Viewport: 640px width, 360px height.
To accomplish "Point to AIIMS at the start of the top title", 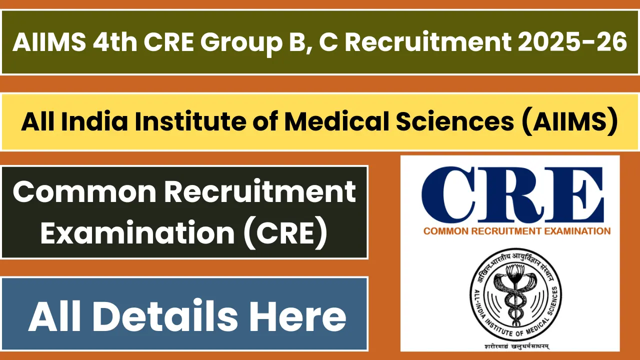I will (48, 42).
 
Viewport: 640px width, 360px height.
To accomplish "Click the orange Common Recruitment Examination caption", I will (517, 231).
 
